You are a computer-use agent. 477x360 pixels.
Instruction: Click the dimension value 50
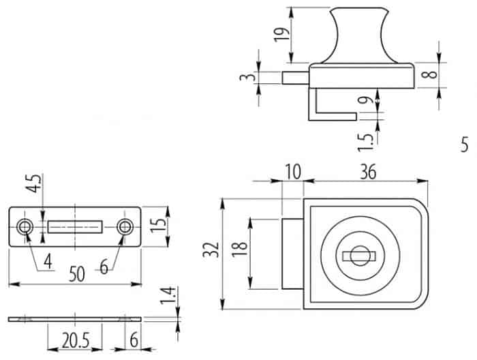[x=76, y=273]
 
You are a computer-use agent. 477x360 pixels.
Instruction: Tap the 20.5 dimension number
[x=76, y=340]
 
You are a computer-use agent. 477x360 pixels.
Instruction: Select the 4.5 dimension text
[x=33, y=183]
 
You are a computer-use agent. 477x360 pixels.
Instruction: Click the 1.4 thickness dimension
[x=168, y=295]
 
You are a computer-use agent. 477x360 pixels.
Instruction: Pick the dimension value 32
[x=211, y=250]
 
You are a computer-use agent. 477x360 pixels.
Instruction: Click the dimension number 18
[x=240, y=250]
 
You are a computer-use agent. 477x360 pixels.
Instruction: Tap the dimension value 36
[x=368, y=172]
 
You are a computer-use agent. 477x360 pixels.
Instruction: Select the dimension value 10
[x=293, y=172]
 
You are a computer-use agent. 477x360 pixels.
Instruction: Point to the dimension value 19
[x=281, y=35]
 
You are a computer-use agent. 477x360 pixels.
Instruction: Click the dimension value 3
[x=247, y=77]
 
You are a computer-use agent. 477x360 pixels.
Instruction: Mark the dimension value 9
[x=365, y=100]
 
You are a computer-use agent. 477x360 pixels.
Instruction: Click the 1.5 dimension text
[x=365, y=142]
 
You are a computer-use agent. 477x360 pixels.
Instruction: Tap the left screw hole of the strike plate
[x=25, y=227]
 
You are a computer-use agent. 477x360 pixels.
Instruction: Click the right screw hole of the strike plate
[x=125, y=227]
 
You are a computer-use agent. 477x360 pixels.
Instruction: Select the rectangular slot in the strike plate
[x=75, y=227]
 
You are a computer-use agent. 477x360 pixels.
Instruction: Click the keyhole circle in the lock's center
[x=360, y=256]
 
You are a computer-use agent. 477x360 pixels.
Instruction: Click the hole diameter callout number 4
[x=48, y=262]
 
